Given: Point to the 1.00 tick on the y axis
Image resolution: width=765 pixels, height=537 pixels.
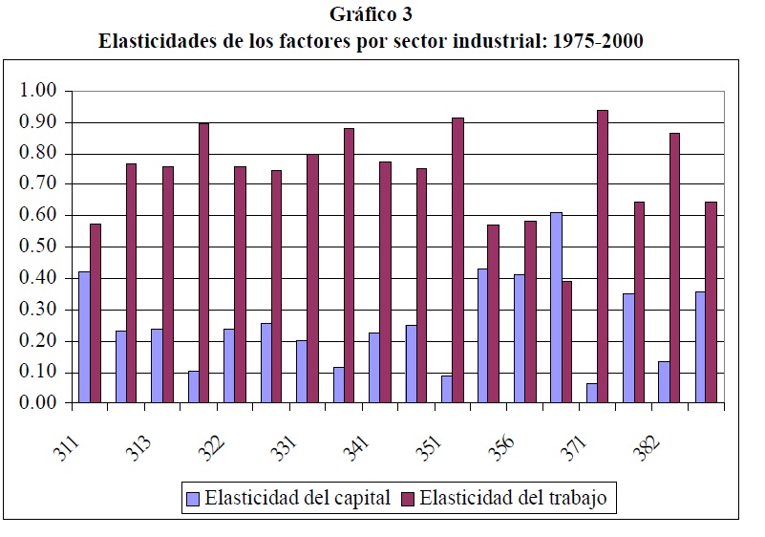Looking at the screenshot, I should pyautogui.click(x=39, y=91).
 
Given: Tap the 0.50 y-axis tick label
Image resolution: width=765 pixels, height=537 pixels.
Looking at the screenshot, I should pyautogui.click(x=39, y=247).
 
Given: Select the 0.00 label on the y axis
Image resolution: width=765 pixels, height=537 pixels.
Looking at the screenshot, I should pyautogui.click(x=39, y=403).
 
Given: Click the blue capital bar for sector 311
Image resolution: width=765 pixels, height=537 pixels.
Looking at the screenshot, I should pyautogui.click(x=84, y=337).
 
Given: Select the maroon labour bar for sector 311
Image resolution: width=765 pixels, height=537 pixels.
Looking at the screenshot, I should pyautogui.click(x=96, y=313).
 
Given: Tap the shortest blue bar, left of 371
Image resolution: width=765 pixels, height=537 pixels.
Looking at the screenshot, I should pyautogui.click(x=591, y=393).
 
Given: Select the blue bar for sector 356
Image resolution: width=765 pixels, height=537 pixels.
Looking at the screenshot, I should pyautogui.click(x=520, y=338).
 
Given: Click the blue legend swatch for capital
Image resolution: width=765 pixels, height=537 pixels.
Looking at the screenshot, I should pyautogui.click(x=193, y=498).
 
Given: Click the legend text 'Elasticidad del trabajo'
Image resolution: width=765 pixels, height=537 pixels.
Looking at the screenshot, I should pyautogui.click(x=512, y=498).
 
